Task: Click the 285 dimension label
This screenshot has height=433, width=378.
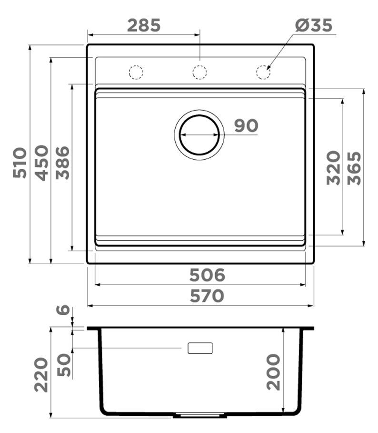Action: [144, 25]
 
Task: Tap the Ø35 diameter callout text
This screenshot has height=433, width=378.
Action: [314, 25]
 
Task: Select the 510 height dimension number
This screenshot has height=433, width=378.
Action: [20, 163]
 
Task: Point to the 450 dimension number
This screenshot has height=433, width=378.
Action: [41, 163]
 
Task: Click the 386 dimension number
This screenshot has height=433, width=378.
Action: [62, 163]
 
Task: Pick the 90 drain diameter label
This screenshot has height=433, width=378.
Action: [246, 125]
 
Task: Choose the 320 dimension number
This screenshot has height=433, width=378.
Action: [333, 168]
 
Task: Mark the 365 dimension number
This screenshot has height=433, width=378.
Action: [354, 168]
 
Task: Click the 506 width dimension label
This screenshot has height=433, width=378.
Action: [208, 275]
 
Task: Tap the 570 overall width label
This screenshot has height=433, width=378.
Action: [207, 296]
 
